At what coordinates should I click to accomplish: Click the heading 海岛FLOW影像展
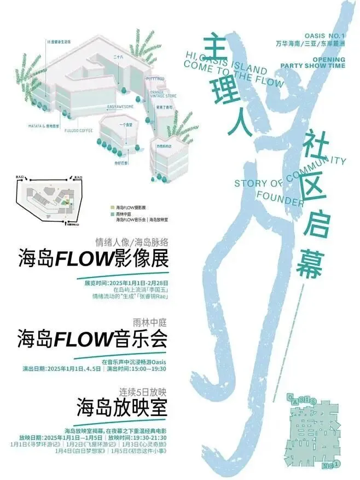click(93, 257)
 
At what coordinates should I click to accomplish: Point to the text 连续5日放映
click(142, 392)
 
